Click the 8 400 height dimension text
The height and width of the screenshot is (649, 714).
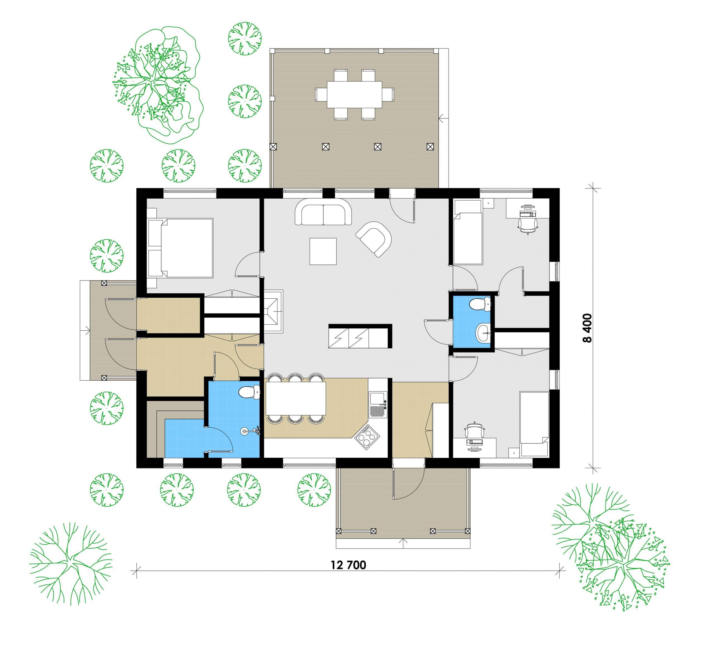[x=587, y=328]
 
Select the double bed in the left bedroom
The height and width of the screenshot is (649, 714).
[x=181, y=248]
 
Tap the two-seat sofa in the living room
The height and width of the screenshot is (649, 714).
[x=323, y=212]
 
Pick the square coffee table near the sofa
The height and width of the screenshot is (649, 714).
[x=323, y=251]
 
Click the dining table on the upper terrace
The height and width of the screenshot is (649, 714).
[x=354, y=95]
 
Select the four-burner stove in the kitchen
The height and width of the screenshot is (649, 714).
[x=367, y=437]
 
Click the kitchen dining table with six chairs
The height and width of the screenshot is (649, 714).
[x=296, y=398]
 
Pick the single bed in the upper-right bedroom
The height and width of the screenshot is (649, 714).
[x=468, y=232]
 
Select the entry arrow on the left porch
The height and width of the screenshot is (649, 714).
[x=85, y=331]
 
